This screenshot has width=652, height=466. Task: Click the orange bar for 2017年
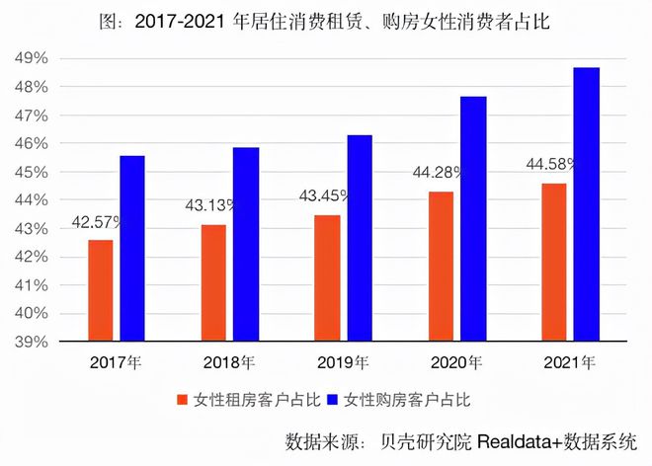pos(100,290)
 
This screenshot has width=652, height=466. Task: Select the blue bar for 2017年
pos(132,249)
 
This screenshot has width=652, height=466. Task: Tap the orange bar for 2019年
pos(327,278)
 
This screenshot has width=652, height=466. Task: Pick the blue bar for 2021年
pos(587,204)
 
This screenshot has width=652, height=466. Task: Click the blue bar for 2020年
pos(473,219)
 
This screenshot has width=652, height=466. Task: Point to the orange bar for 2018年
pos(213,283)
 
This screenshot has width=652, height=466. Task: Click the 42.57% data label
pos(97,222)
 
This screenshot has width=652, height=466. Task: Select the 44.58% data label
pos(551,164)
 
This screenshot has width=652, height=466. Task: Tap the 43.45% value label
pos(324,195)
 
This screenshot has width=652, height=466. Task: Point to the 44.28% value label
pos(438,172)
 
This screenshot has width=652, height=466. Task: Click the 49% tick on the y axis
pos(32,58)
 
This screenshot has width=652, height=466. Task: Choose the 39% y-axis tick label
pos(32,342)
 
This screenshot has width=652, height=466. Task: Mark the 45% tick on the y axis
pos(32,172)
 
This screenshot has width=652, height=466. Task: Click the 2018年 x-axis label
pos(229,363)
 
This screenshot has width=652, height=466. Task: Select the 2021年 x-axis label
pos(570,363)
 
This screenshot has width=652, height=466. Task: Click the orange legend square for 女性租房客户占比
pos(182,400)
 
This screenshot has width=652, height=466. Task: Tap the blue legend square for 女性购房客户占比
pos(333,400)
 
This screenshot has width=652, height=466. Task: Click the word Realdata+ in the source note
pos(521,441)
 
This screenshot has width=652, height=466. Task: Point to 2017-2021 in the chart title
pos(180,22)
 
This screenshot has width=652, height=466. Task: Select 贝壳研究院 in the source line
pos(426,441)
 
